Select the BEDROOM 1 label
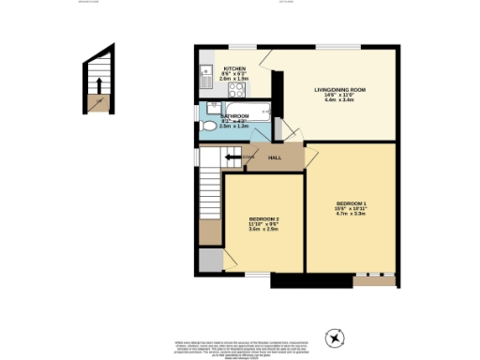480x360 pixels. [x=352, y=203]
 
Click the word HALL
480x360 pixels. [x=275, y=157]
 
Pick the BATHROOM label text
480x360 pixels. [x=232, y=115]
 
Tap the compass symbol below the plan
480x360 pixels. [x=335, y=338]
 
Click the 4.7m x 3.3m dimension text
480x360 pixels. [x=352, y=214]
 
